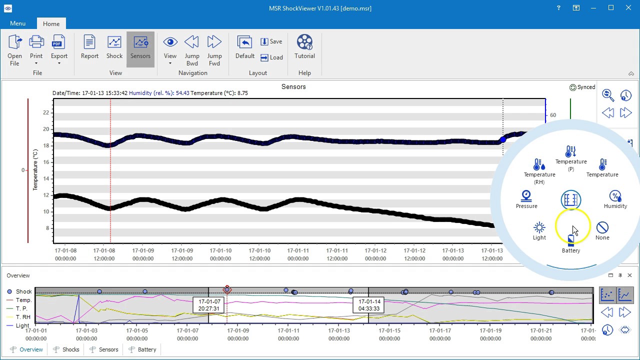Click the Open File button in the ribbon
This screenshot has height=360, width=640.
pyautogui.click(x=14, y=50)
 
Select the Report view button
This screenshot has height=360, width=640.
pyautogui.click(x=89, y=47)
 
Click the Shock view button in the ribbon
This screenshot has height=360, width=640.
pyautogui.click(x=114, y=47)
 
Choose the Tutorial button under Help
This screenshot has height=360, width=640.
pyautogui.click(x=304, y=47)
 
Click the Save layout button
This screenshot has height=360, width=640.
pyautogui.click(x=271, y=41)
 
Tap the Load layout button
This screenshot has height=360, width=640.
pyautogui.click(x=271, y=57)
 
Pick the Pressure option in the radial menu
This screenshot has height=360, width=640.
pyautogui.click(x=526, y=199)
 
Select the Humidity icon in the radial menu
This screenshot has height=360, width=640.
pyautogui.click(x=615, y=199)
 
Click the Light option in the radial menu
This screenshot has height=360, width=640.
pyautogui.click(x=539, y=231)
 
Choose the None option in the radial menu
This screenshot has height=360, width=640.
pyautogui.click(x=602, y=231)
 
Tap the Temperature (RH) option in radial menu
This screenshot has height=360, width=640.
pyautogui.click(x=539, y=170)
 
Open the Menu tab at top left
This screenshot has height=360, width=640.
pyautogui.click(x=17, y=23)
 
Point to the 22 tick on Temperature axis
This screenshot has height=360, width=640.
pyautogui.click(x=46, y=112)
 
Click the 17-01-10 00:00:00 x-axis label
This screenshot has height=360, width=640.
pyautogui.click(x=220, y=254)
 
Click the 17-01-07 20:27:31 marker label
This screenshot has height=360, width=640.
pyautogui.click(x=209, y=305)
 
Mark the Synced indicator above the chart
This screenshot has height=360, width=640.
pyautogui.click(x=582, y=87)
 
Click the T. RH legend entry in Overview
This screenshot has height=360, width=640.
pyautogui.click(x=22, y=317)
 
